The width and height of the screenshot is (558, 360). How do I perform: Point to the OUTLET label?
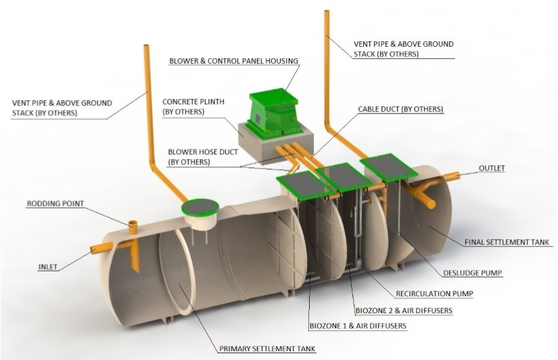click(492, 168)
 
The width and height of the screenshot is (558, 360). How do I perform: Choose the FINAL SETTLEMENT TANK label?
click(507, 242)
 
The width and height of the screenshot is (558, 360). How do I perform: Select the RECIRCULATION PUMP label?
click(434, 294)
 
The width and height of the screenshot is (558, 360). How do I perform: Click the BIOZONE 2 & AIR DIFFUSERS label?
click(403, 310)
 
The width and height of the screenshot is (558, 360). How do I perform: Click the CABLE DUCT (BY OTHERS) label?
click(401, 109)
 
